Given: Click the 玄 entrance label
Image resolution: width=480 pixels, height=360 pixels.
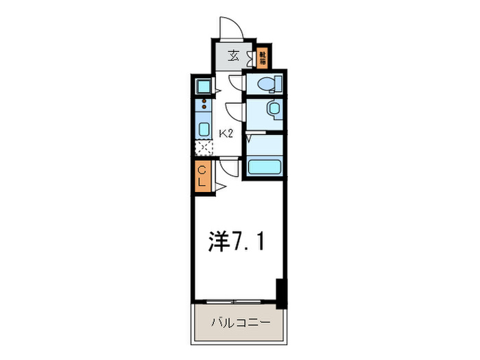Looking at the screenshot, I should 233,57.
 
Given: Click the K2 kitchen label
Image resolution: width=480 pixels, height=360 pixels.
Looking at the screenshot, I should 226,133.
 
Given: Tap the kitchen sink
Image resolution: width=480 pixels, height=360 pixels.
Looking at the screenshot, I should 204,130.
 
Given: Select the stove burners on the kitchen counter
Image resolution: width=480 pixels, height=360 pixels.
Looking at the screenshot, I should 204,106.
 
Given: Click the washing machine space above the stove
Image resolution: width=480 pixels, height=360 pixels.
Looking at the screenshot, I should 204,86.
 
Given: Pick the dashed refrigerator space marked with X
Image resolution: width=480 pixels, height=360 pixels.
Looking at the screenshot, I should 204,147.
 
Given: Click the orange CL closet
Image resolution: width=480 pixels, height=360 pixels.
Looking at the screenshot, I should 203,177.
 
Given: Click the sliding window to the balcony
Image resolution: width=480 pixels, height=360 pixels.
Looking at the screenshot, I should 233,301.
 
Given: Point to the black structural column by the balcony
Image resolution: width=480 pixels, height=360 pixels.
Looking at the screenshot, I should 279,293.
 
